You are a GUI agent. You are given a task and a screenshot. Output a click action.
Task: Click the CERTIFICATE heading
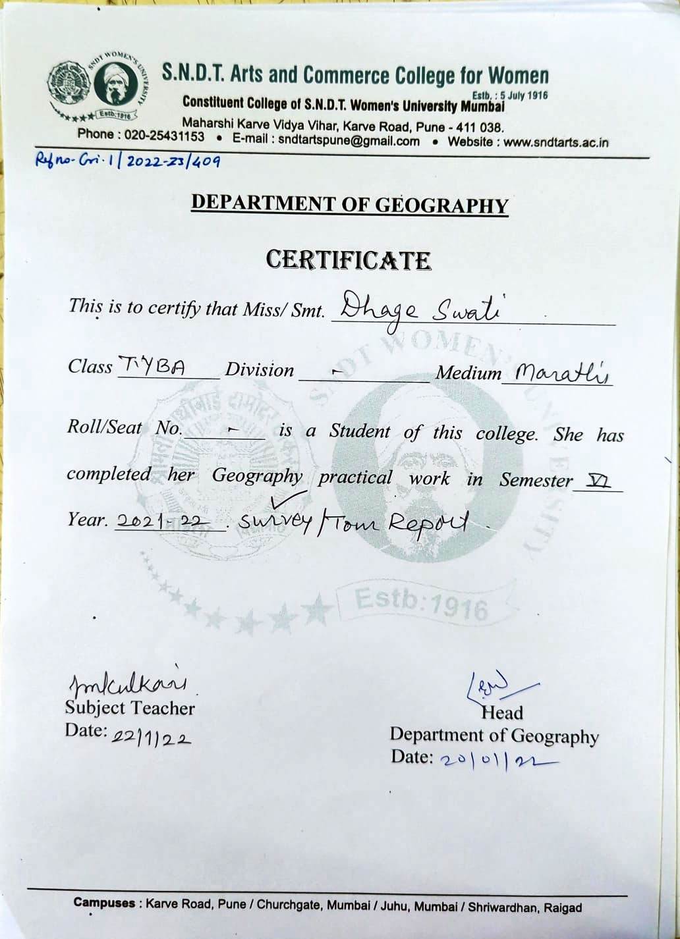(x=349, y=260)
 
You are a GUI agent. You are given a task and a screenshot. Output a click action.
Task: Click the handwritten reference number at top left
(x=128, y=161)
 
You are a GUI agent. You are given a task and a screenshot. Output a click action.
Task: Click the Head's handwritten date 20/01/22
(x=497, y=760)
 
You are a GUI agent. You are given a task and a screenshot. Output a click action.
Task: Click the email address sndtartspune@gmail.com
(x=349, y=140)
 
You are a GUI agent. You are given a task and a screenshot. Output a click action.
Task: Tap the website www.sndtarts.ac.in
(x=556, y=142)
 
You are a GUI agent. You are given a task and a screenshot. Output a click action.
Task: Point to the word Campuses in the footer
(x=104, y=903)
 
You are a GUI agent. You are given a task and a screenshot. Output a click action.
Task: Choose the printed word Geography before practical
(x=257, y=475)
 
